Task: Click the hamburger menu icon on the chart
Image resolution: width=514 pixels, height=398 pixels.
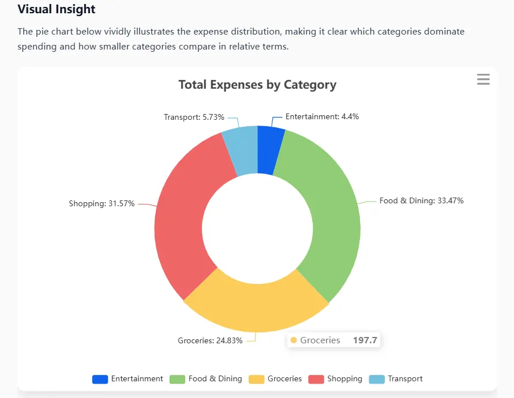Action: coord(483,79)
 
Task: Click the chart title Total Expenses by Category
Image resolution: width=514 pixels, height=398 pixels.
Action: coord(257,85)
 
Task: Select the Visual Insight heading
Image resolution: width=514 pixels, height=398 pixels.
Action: coord(57,10)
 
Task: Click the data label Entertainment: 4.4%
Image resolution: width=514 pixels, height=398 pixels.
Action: coord(322,116)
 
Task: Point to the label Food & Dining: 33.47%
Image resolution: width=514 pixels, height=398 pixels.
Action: coord(421,201)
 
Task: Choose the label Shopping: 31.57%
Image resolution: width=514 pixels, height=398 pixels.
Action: coord(102,203)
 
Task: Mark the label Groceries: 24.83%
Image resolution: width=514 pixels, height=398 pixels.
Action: coord(211,340)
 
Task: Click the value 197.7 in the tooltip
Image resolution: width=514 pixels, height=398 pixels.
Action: coord(365,340)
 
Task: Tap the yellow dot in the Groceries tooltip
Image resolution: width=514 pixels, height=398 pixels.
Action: coord(294,340)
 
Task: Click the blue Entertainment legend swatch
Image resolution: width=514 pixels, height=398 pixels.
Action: coord(100,379)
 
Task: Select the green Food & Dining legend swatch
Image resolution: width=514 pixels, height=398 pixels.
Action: coord(177,379)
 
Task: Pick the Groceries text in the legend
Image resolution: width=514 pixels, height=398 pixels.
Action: coord(284,379)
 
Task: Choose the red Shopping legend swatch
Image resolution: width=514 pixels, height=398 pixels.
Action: coord(316,379)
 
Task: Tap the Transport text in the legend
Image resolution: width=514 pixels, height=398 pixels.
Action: coord(405,379)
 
